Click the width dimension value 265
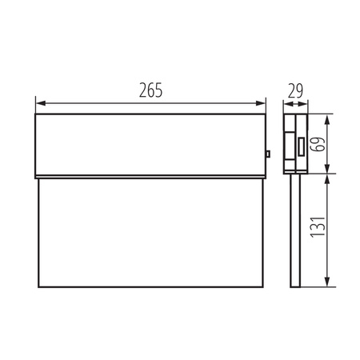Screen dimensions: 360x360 point(150,90)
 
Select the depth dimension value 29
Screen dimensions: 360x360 point(297,90)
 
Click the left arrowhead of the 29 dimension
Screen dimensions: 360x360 point(288,102)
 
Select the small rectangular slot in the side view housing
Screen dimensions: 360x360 point(300,146)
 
